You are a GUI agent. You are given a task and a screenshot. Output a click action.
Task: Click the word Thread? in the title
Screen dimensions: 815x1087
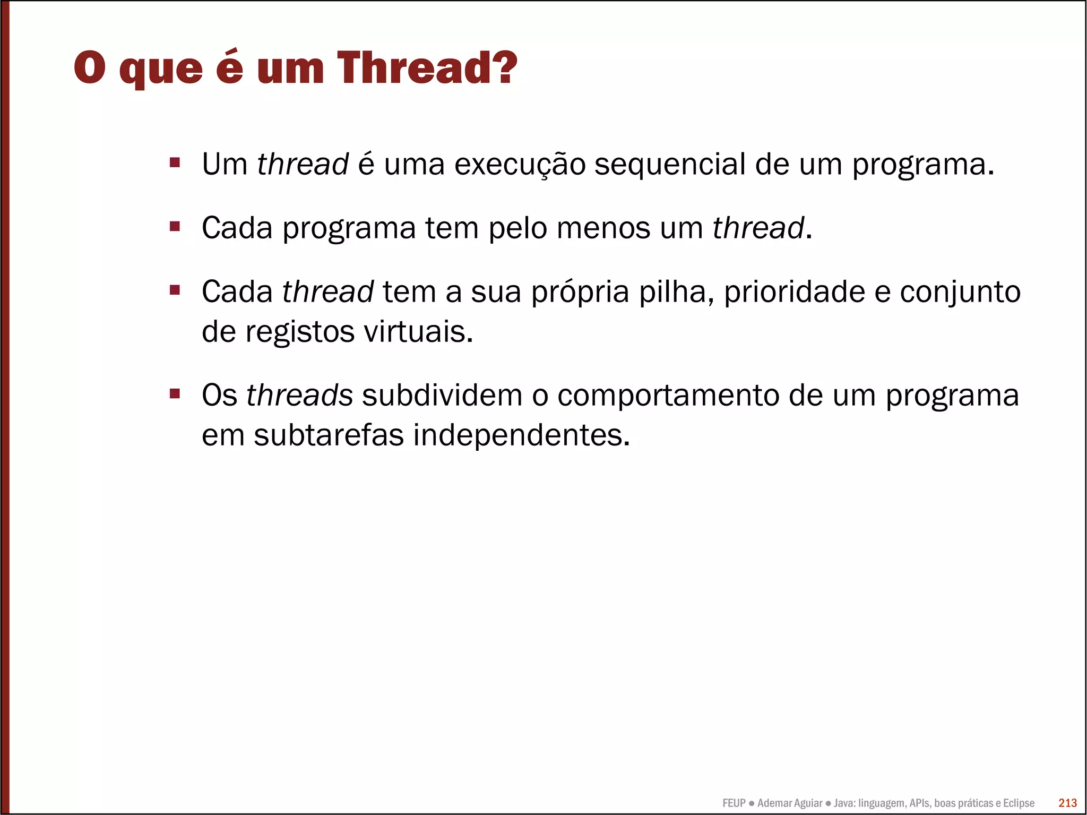coord(427,68)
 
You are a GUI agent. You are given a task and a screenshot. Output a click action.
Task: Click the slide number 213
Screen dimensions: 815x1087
coord(1067,803)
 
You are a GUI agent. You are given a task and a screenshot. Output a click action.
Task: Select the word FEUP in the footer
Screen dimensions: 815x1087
coord(734,803)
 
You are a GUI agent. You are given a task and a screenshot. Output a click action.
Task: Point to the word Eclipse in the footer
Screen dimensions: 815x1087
coord(1019,803)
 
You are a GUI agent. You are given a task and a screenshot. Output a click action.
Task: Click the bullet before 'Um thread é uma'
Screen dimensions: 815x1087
coord(175,162)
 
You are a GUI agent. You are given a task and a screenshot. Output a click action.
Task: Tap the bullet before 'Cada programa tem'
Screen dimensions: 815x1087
coord(175,227)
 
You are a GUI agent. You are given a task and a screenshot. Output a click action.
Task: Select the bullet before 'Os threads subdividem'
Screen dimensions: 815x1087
coord(175,394)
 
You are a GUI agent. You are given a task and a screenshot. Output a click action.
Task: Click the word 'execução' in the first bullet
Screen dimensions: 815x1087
coord(520,165)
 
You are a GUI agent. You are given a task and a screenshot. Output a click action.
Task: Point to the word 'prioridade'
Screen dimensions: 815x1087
coord(794,292)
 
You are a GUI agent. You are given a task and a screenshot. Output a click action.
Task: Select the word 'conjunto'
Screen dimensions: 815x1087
coord(960,293)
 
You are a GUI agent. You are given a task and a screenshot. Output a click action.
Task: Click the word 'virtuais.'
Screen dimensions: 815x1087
coord(418,332)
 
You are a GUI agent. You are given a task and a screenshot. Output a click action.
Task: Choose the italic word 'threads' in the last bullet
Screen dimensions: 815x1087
coord(299,396)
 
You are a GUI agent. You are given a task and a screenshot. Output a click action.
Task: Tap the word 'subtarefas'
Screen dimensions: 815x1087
coord(329,435)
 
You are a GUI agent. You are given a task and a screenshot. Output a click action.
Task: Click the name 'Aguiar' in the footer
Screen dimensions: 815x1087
coord(807,803)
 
